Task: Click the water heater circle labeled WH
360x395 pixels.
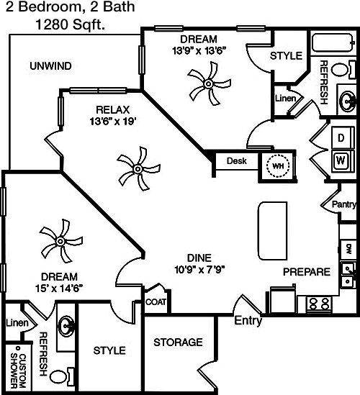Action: (x=278, y=165)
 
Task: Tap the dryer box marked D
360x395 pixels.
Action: (x=341, y=138)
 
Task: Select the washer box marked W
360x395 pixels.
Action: (x=341, y=160)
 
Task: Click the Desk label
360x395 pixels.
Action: (x=236, y=160)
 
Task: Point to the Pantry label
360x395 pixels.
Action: (x=344, y=204)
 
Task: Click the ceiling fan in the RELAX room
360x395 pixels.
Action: (x=138, y=168)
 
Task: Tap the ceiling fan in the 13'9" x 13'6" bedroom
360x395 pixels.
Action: (x=209, y=83)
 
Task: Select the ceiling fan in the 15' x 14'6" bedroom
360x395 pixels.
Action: (x=60, y=241)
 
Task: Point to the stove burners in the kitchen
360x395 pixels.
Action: (x=319, y=304)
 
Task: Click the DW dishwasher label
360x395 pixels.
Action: (x=348, y=249)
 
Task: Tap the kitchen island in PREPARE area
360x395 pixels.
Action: (x=273, y=230)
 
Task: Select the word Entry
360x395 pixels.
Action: (x=248, y=321)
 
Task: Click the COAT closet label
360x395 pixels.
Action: (x=156, y=301)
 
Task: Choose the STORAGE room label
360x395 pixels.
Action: (x=178, y=342)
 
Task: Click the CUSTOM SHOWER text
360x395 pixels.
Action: (x=18, y=371)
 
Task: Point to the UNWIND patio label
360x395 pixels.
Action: (x=50, y=66)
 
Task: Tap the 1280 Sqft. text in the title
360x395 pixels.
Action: (x=70, y=24)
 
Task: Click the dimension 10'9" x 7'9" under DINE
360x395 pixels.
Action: (x=199, y=270)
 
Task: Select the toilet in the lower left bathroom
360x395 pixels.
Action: (x=61, y=376)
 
